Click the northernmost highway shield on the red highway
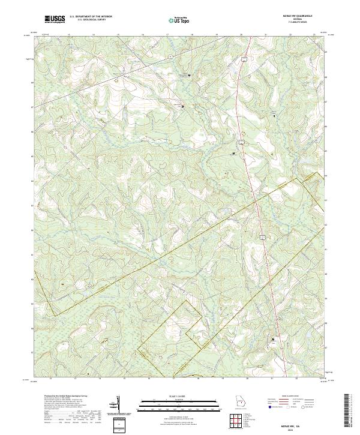(244, 59)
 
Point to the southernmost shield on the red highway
(262, 238)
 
